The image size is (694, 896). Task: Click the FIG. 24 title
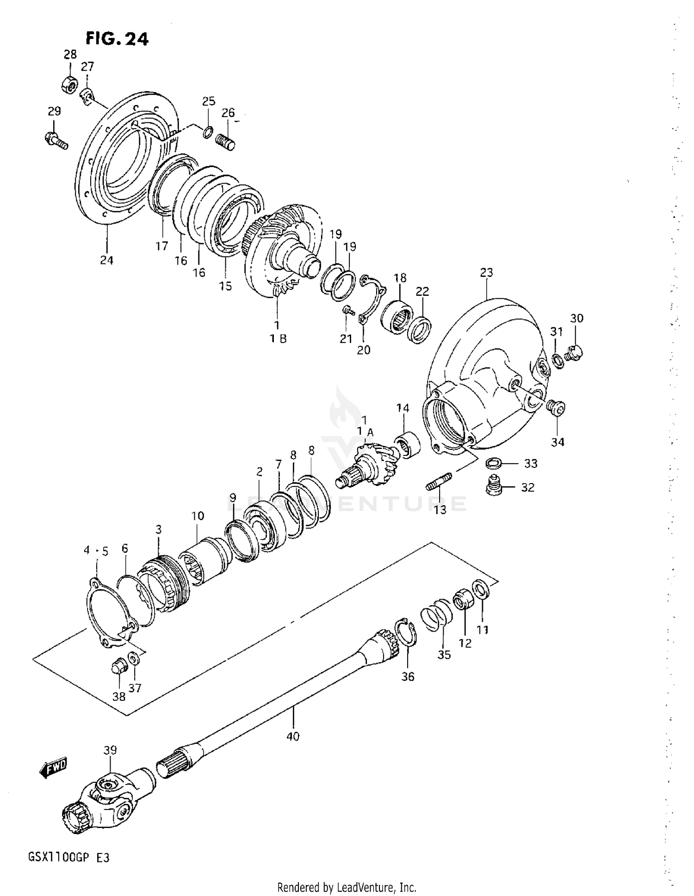point(117,39)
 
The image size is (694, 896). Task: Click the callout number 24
point(106,260)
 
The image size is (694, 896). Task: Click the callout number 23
point(486,272)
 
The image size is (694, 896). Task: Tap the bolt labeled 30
point(575,353)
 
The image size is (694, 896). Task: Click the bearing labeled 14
point(407,444)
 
